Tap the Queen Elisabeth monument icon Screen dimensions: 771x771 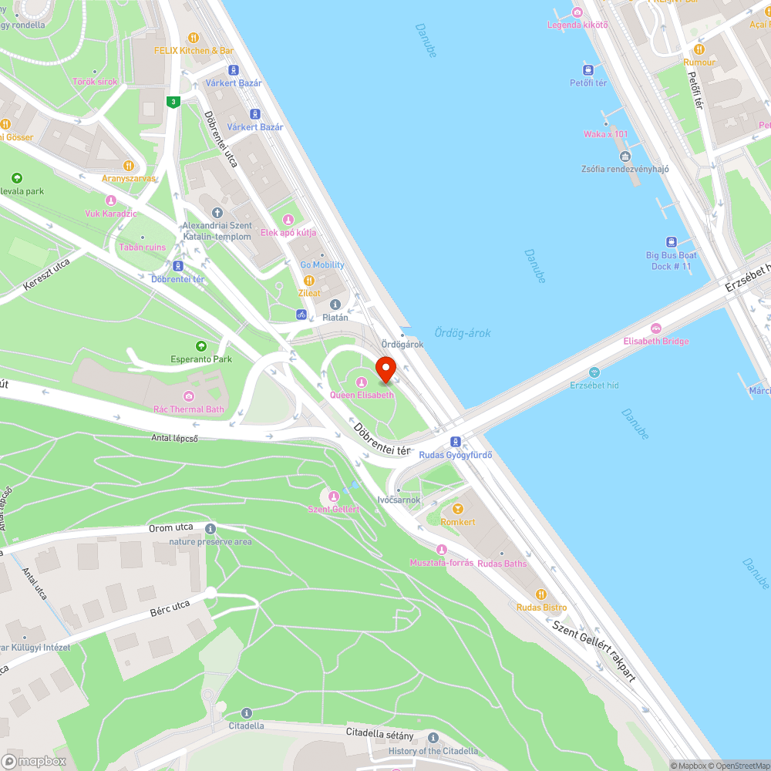(x=361, y=382)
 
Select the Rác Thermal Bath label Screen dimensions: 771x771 (x=189, y=409)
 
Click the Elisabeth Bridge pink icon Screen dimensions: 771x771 (x=656, y=328)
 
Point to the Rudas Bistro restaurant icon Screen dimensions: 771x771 (x=541, y=594)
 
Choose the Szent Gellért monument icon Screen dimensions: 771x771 (x=334, y=497)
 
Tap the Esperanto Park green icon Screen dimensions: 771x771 (x=201, y=346)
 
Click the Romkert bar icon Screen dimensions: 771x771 (x=458, y=509)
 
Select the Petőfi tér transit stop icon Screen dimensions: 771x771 (x=588, y=69)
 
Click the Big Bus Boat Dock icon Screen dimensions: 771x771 (x=672, y=242)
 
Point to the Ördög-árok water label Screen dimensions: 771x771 (x=462, y=333)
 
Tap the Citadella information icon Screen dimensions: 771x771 (x=246, y=713)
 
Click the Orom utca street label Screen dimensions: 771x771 (x=171, y=528)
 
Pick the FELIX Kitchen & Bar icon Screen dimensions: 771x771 (x=194, y=37)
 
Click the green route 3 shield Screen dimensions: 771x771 (x=175, y=102)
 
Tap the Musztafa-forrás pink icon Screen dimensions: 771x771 (x=442, y=550)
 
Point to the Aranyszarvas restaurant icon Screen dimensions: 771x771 (x=129, y=165)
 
